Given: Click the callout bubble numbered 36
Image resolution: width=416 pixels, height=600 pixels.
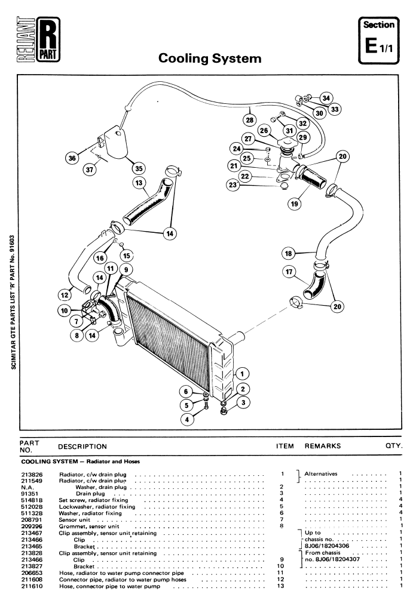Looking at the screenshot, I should point(73,158).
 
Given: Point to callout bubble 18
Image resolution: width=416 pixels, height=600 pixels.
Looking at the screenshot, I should point(289,253).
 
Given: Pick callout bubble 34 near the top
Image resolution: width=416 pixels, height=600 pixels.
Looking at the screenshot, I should point(326,98).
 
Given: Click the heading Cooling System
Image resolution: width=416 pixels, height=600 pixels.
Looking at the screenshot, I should point(210,59).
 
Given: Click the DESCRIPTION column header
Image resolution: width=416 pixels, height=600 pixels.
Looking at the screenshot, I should point(82,445).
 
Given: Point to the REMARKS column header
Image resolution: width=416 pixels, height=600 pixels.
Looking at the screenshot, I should point(323,445).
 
